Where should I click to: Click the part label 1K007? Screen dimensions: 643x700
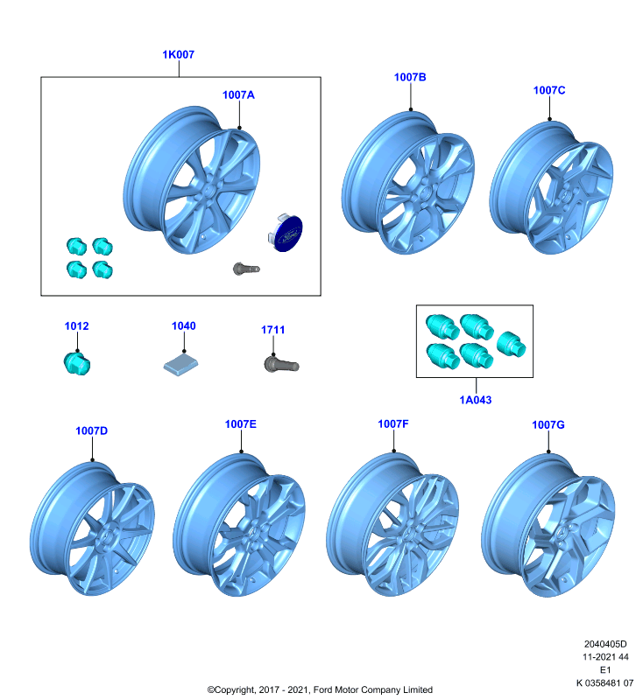(x=179, y=54)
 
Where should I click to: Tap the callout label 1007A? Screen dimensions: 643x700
(x=238, y=95)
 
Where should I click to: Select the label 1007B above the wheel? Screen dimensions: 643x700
(x=410, y=77)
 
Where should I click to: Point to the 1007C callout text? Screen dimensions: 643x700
(x=549, y=90)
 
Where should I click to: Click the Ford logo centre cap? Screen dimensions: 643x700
(x=286, y=233)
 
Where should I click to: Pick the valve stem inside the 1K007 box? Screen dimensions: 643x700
(x=246, y=269)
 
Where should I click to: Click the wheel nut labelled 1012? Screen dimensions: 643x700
(x=77, y=363)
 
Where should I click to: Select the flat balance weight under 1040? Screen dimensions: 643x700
(x=180, y=367)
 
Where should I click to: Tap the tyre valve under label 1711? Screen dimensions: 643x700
(x=281, y=364)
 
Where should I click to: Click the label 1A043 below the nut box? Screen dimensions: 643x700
(x=476, y=400)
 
